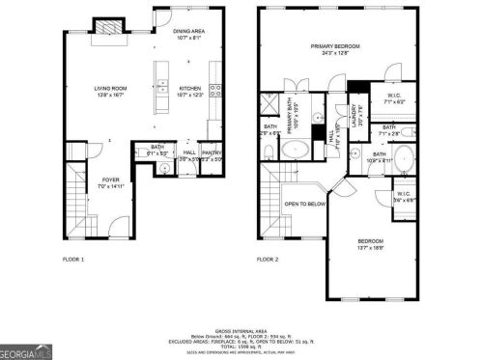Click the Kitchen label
point(189,90)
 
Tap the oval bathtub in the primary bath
point(295,150)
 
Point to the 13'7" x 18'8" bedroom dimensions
point(370,248)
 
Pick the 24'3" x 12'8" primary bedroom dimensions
point(334,53)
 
